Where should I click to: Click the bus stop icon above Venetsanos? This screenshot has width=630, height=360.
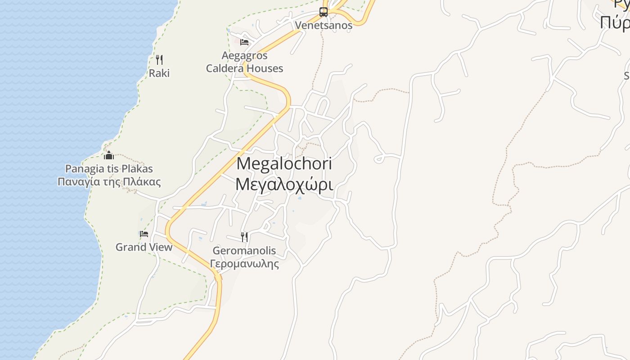[324, 12]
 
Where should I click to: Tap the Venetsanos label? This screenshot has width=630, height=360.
[324, 25]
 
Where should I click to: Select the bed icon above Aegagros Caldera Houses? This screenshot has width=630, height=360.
[244, 42]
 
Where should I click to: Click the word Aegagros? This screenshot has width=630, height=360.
[244, 56]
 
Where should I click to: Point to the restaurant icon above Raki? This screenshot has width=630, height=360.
[159, 59]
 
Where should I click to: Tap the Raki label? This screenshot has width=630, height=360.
[159, 73]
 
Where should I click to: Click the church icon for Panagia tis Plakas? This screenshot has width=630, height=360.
[109, 156]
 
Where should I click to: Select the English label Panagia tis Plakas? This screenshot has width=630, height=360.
[109, 169]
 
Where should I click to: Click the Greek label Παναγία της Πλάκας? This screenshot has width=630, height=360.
[109, 182]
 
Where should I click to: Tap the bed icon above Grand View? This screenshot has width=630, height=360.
[144, 234]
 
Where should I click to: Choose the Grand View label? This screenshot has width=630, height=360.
[144, 247]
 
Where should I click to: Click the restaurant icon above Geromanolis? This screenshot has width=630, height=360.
[244, 237]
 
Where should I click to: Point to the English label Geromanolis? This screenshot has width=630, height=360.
[244, 251]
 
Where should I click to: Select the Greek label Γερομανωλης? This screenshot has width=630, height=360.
[244, 264]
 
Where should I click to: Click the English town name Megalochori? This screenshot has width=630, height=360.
[284, 163]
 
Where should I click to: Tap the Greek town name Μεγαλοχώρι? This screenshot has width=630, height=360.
[284, 184]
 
